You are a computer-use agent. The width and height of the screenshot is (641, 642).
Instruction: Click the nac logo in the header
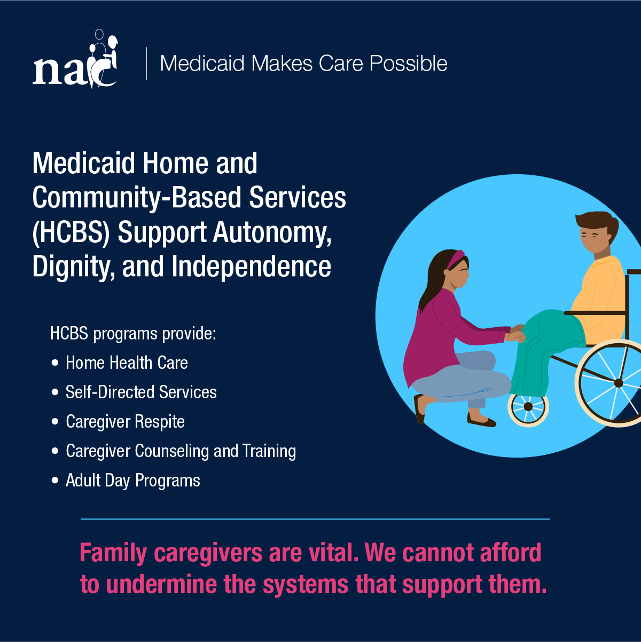(75, 59)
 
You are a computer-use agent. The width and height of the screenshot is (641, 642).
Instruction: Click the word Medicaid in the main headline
(83, 163)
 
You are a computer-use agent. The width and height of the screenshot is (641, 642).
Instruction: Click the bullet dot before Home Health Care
(55, 362)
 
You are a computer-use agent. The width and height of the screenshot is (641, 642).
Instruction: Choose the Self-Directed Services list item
(141, 392)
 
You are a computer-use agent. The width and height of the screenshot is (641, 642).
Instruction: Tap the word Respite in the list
(160, 422)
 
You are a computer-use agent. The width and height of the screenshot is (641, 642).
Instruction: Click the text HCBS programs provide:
(133, 334)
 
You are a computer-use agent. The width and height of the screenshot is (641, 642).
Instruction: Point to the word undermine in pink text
(161, 585)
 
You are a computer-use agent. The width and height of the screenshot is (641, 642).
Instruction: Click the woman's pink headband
(456, 259)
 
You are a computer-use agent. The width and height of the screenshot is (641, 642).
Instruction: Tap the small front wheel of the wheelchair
(528, 406)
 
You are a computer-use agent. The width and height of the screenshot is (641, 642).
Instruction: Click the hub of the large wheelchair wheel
(618, 383)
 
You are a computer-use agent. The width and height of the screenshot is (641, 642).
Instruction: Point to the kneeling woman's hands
(515, 334)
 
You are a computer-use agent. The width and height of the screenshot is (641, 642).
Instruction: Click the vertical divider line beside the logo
(146, 63)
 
